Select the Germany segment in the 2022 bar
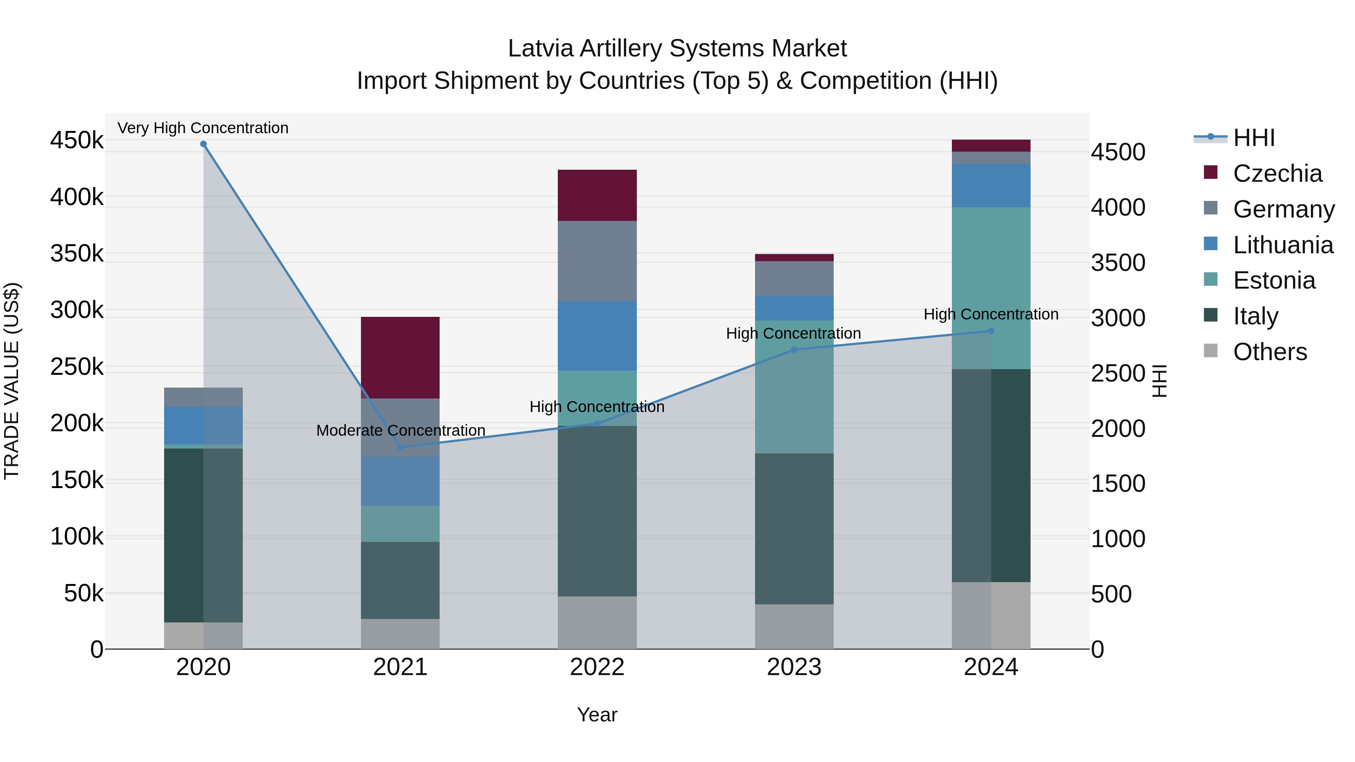click(x=597, y=261)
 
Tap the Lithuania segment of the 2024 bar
click(x=991, y=185)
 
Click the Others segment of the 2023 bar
click(x=794, y=626)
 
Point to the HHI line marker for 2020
click(x=204, y=144)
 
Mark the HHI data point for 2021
click(x=400, y=447)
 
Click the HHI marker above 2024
click(x=991, y=331)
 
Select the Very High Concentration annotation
click(x=203, y=128)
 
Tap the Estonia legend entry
click(x=1273, y=280)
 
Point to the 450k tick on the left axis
click(x=77, y=140)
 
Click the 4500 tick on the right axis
click(x=1118, y=152)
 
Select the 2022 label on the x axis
click(x=597, y=667)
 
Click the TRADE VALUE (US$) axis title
click(x=12, y=381)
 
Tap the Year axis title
click(x=597, y=715)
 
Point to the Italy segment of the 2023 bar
click(x=794, y=529)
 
